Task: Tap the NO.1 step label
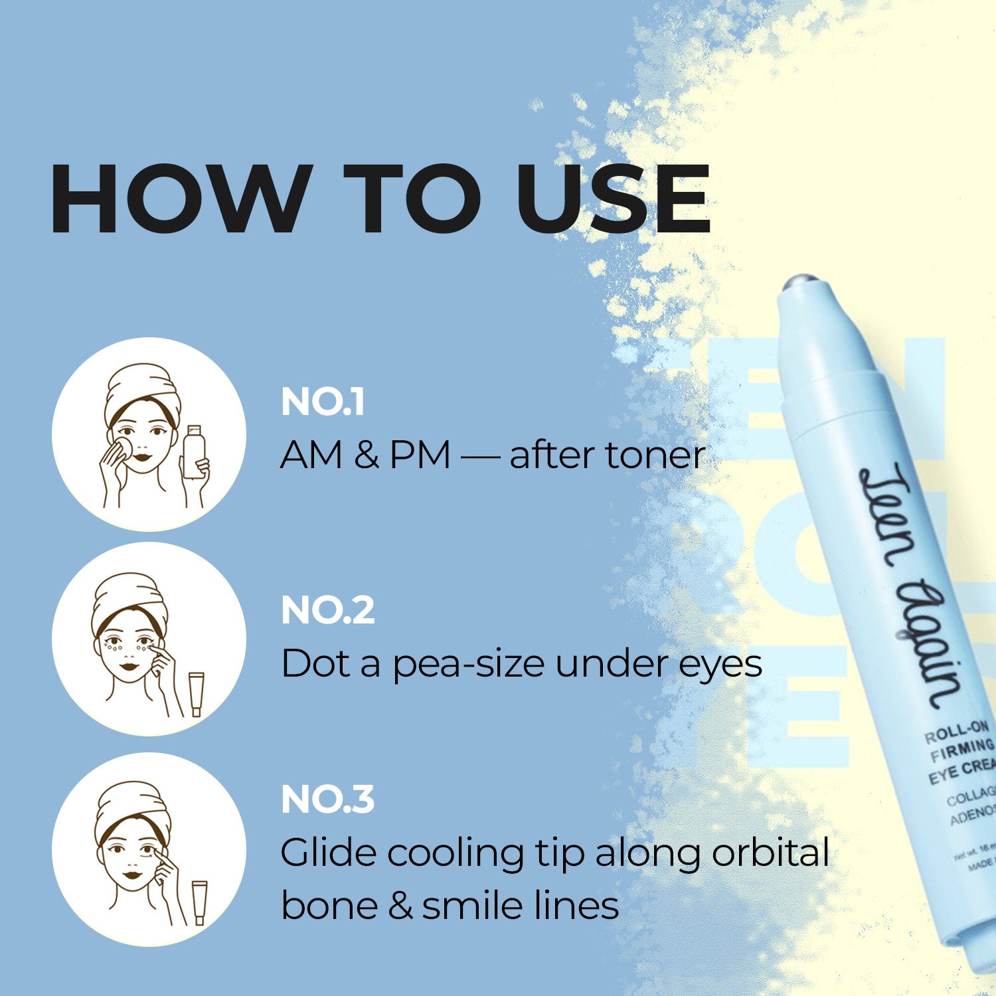(323, 402)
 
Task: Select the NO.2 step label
(328, 610)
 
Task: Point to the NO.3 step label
(328, 799)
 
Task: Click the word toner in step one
(654, 456)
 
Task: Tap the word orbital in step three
(770, 853)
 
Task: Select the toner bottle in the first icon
(193, 452)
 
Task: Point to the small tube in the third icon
(200, 902)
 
